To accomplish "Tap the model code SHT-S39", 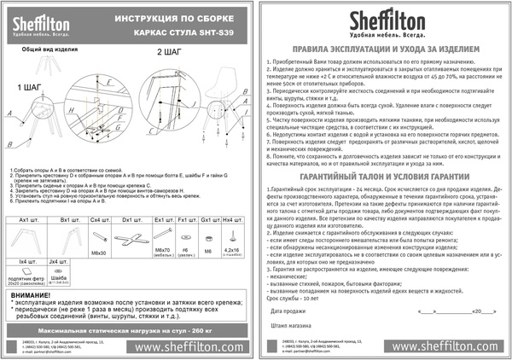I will [212, 36].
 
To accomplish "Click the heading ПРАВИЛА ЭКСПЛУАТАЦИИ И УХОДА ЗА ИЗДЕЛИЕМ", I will [384, 51].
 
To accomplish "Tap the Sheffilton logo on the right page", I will [385, 21].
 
